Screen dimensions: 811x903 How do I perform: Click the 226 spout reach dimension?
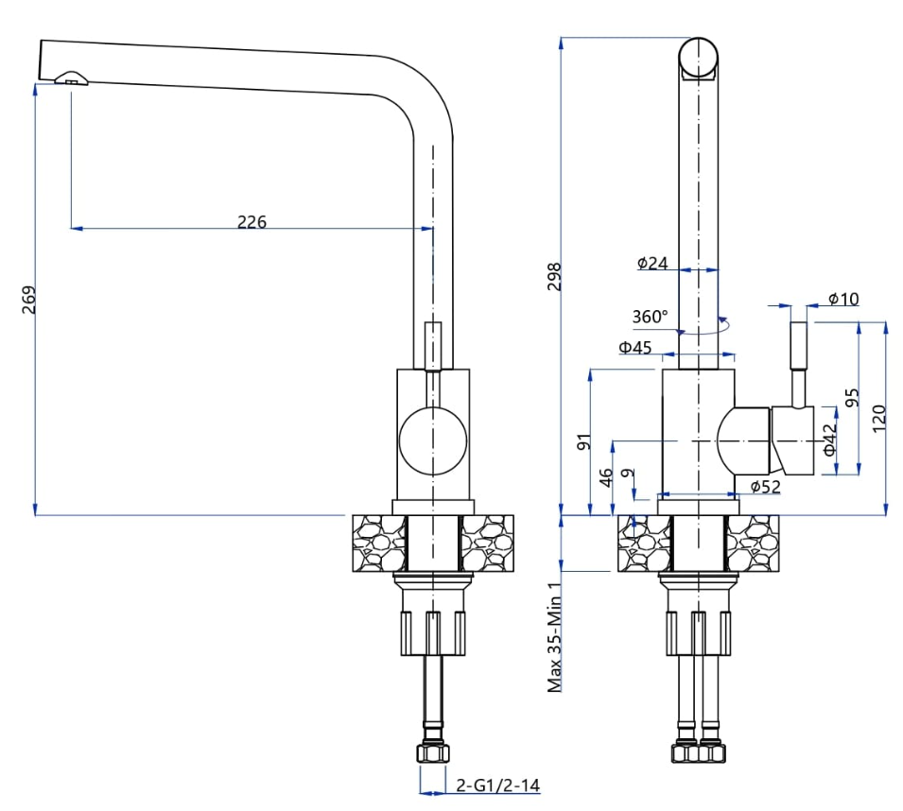point(252,222)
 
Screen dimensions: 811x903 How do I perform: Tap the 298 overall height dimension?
point(555,276)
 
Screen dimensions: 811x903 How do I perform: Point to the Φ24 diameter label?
point(652,263)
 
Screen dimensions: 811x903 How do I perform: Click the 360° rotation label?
point(650,316)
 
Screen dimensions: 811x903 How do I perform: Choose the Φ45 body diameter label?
point(635,347)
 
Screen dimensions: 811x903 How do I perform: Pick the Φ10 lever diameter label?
point(842,299)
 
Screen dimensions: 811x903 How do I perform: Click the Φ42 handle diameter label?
point(829,440)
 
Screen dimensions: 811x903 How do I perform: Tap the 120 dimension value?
point(878,417)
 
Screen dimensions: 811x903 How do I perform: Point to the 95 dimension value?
point(852,398)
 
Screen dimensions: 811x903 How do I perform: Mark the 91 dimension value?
point(583,440)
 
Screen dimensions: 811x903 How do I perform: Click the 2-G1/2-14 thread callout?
point(497,785)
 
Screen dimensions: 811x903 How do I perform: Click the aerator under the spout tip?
point(72,79)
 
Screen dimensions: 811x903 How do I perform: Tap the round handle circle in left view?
point(432,441)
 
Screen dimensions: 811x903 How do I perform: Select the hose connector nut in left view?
point(432,753)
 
